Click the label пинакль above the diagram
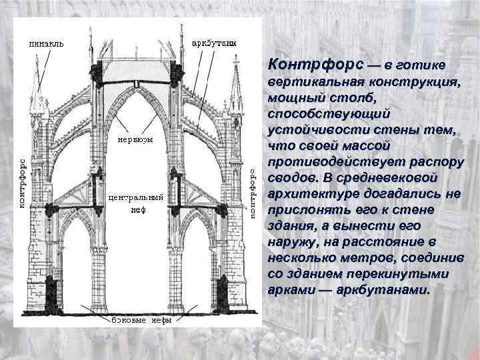(x=46, y=44)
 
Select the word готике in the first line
(x=419, y=65)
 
